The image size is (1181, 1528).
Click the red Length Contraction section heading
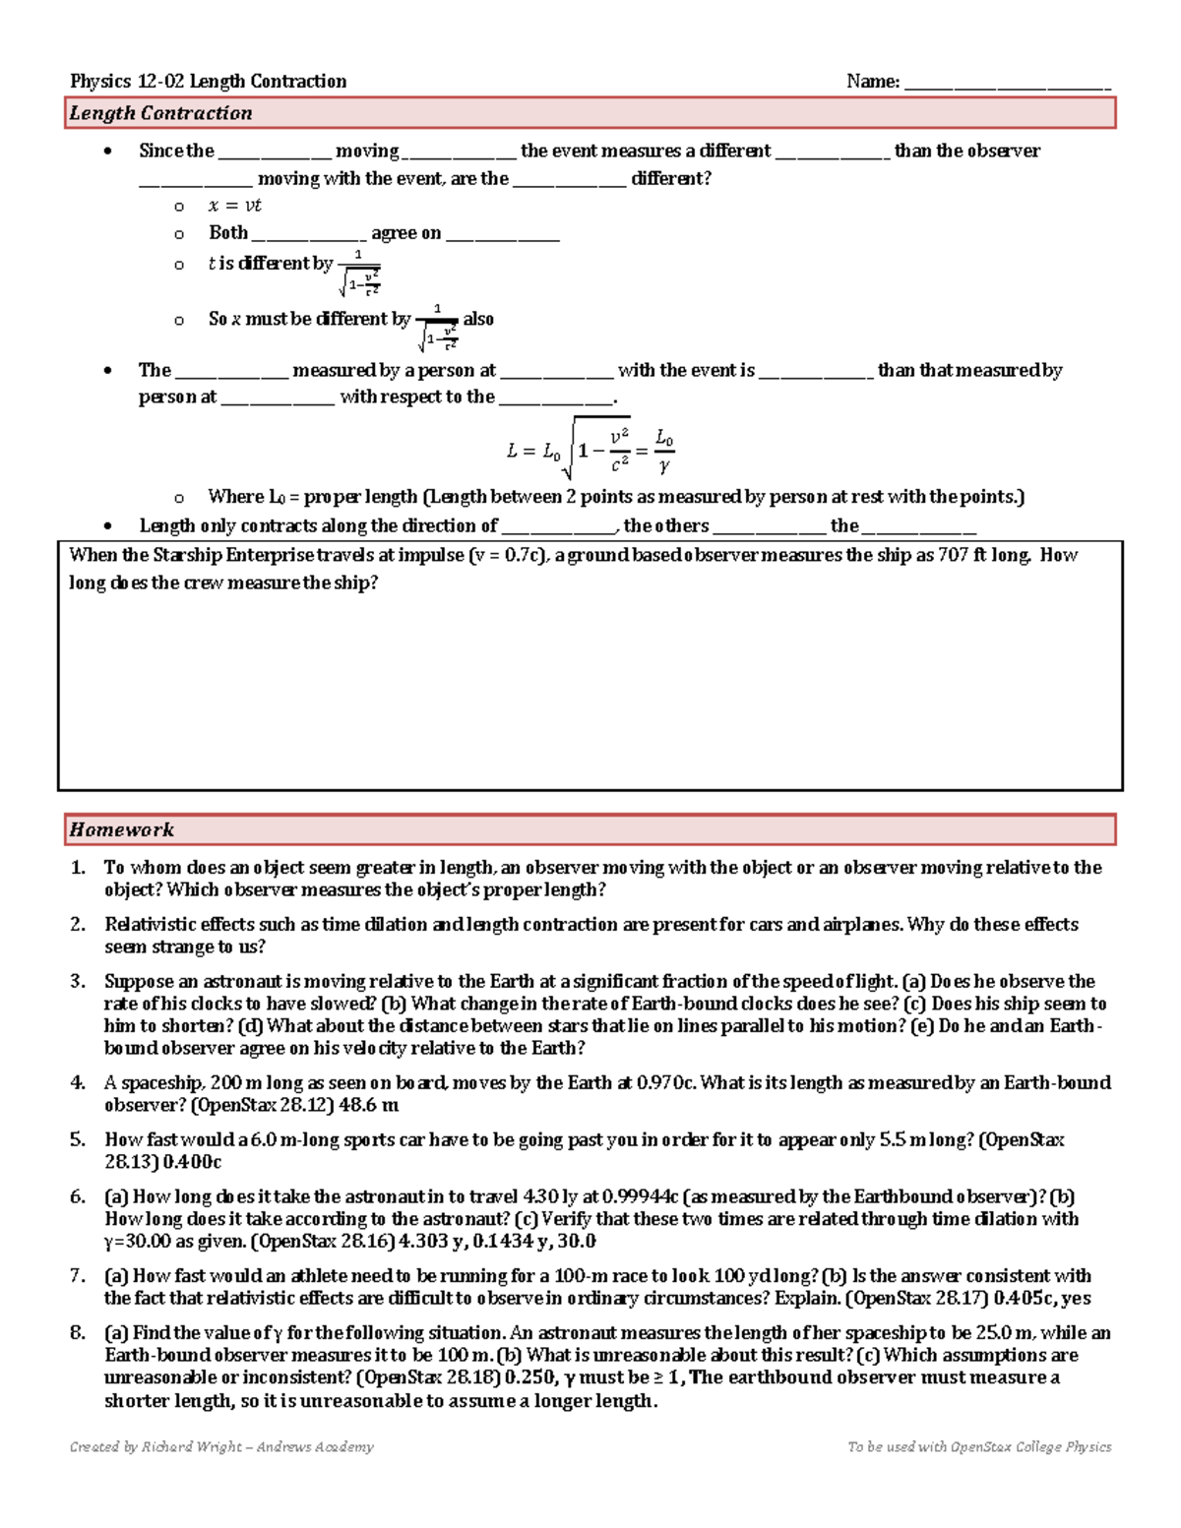pyautogui.click(x=160, y=113)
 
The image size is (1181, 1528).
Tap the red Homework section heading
pyautogui.click(x=121, y=829)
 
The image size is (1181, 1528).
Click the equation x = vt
pyautogui.click(x=234, y=206)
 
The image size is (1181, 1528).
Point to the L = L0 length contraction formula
pyautogui.click(x=590, y=449)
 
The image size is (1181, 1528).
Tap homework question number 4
pyautogui.click(x=78, y=1082)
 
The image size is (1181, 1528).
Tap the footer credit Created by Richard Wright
pyautogui.click(x=221, y=1446)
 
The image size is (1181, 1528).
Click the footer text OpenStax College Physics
pyautogui.click(x=1030, y=1446)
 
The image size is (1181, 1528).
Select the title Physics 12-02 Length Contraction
pyautogui.click(x=208, y=82)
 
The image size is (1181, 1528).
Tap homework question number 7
pyautogui.click(x=78, y=1275)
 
